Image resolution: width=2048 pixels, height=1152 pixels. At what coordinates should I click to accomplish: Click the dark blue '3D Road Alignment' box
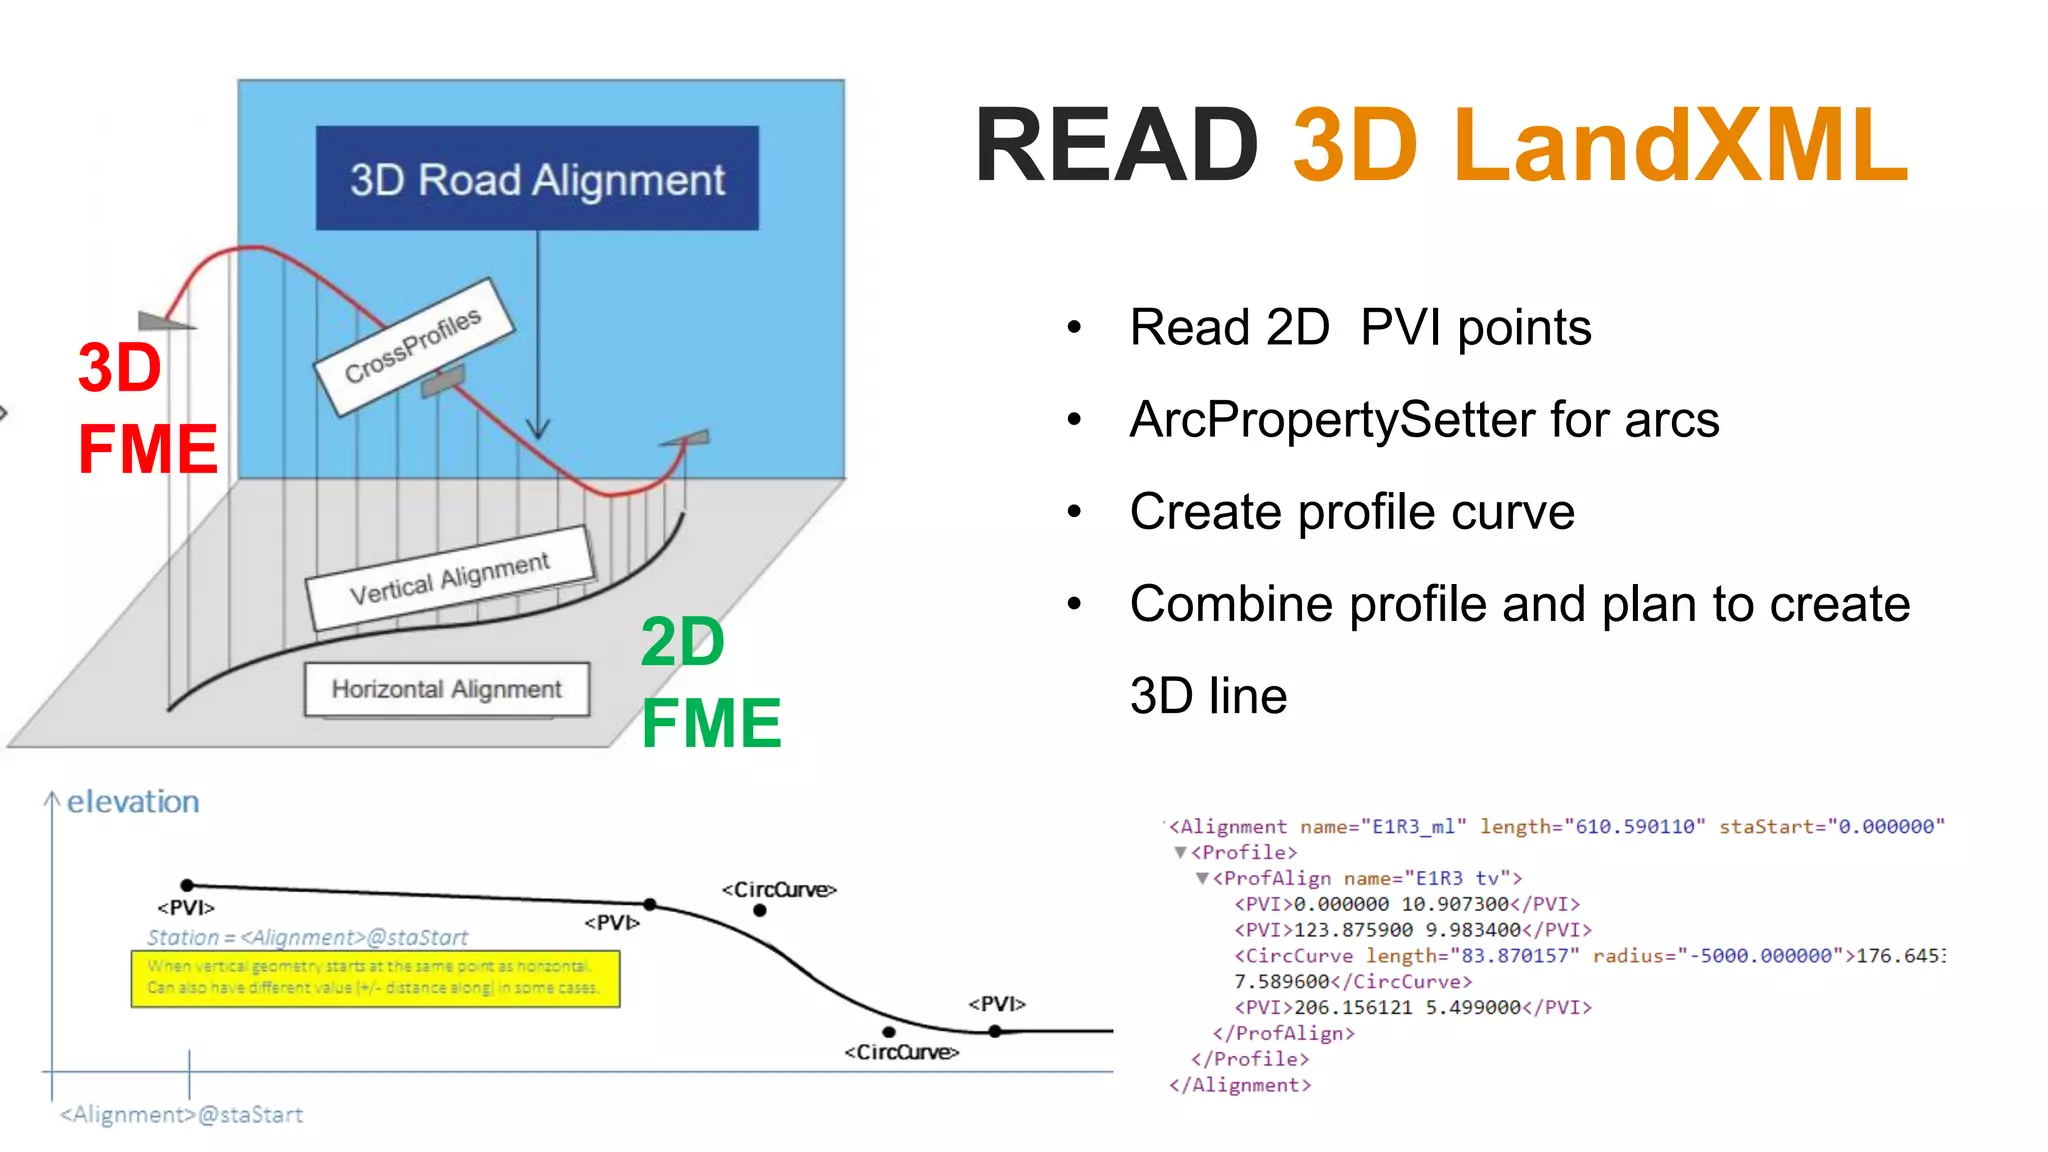tap(537, 179)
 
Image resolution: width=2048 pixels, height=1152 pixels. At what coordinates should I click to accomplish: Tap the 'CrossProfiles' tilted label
tap(413, 346)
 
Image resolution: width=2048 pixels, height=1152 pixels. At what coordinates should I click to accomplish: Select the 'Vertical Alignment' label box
tap(449, 578)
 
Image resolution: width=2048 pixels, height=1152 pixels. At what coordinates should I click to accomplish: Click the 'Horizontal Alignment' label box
tap(446, 689)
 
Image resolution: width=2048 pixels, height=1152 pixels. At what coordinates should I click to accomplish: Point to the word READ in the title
tap(1115, 146)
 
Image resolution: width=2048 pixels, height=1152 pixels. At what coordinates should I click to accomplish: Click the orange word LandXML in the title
tap(1680, 146)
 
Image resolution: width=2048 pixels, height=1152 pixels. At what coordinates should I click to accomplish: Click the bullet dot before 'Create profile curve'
tap(1075, 512)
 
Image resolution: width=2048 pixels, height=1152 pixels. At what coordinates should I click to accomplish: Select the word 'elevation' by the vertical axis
tap(133, 801)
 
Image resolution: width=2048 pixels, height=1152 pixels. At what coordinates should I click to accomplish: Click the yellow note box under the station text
tap(375, 978)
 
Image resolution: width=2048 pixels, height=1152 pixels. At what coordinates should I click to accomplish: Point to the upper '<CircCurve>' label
tap(779, 889)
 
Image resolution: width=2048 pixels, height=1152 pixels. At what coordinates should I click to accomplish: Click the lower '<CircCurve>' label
tap(901, 1052)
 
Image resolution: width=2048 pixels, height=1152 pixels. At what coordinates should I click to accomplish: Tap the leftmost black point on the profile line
tap(187, 885)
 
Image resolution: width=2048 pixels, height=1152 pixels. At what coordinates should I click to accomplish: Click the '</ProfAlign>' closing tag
tap(1283, 1033)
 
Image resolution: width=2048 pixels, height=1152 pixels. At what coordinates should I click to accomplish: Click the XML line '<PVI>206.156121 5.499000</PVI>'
tap(1412, 1007)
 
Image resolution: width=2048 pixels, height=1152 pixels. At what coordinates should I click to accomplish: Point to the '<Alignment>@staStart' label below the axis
tap(181, 1114)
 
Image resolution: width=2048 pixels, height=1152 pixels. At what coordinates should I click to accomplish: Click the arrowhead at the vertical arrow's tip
tap(538, 430)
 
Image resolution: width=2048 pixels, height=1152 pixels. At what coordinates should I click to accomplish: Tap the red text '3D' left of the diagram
tap(120, 367)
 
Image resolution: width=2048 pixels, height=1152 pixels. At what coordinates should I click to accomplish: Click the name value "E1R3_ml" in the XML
tap(1413, 827)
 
